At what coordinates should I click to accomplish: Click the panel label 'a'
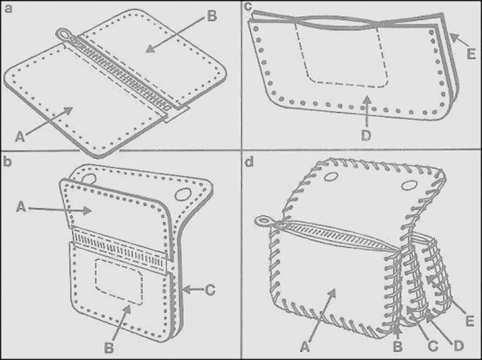pyautogui.click(x=9, y=9)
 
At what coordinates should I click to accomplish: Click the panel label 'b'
pyautogui.click(x=7, y=162)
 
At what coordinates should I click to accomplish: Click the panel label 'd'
pyautogui.click(x=248, y=162)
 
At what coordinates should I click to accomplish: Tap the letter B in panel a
pyautogui.click(x=212, y=16)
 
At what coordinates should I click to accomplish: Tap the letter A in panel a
pyautogui.click(x=20, y=137)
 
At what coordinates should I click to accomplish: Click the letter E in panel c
pyautogui.click(x=471, y=54)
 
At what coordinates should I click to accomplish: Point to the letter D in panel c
pyautogui.click(x=366, y=136)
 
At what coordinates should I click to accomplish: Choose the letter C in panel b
pyautogui.click(x=210, y=290)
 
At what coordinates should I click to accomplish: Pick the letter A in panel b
pyautogui.click(x=21, y=207)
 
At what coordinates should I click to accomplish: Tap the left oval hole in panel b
pyautogui.click(x=89, y=178)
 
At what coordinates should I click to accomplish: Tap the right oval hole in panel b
pyautogui.click(x=183, y=194)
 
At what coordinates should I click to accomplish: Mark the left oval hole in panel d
pyautogui.click(x=331, y=176)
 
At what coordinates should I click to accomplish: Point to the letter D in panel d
pyautogui.click(x=458, y=346)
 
